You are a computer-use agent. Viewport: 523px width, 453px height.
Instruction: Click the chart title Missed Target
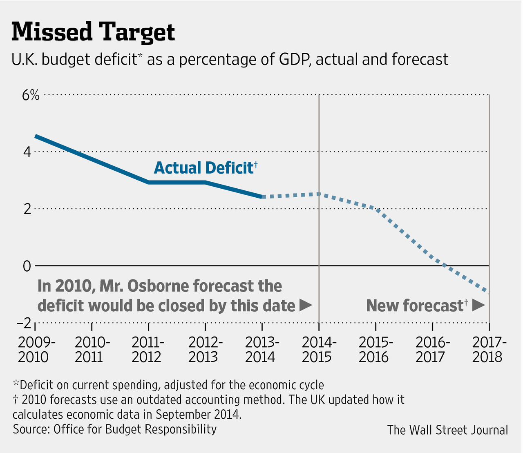pyautogui.click(x=93, y=32)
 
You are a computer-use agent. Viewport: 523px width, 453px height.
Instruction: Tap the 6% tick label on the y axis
pyautogui.click(x=31, y=95)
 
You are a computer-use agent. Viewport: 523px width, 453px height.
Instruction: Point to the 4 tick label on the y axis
pyautogui.click(x=27, y=152)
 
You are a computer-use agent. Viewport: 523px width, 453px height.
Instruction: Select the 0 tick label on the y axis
pyautogui.click(x=27, y=266)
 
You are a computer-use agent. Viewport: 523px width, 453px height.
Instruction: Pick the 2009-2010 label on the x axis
pyautogui.click(x=35, y=350)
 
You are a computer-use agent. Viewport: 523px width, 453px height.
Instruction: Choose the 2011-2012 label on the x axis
pyautogui.click(x=148, y=350)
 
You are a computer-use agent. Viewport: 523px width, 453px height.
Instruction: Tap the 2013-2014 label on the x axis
pyautogui.click(x=262, y=350)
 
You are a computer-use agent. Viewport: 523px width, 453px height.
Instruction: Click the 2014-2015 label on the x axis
pyautogui.click(x=319, y=350)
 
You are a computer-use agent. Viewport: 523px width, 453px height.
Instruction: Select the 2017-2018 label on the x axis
pyautogui.click(x=489, y=350)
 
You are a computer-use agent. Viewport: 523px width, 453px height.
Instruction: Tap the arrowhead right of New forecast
pyautogui.click(x=478, y=306)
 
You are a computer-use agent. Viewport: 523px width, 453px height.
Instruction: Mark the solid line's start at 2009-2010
pyautogui.click(x=36, y=136)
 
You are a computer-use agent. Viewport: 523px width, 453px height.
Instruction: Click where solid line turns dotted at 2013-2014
pyautogui.click(x=262, y=197)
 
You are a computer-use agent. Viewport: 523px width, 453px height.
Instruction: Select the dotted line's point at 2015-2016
pyautogui.click(x=375, y=209)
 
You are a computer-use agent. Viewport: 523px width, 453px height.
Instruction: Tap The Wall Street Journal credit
pyautogui.click(x=447, y=430)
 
